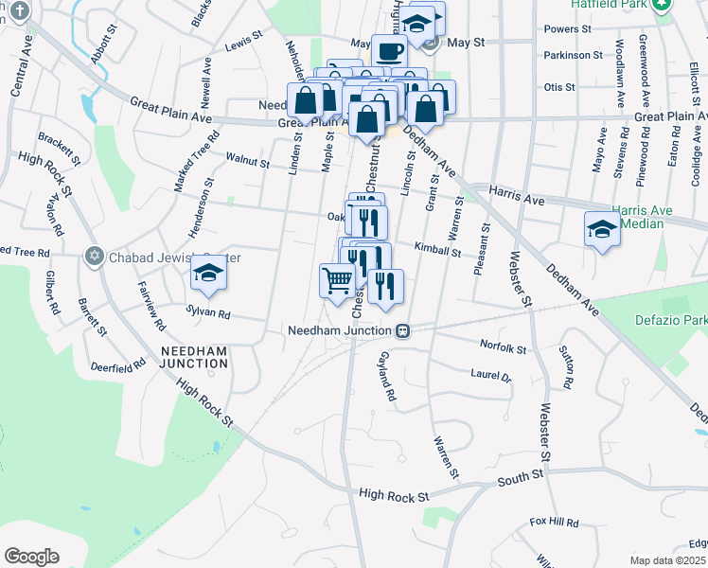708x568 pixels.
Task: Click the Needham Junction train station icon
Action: pyautogui.click(x=403, y=330)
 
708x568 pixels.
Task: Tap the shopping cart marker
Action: pyautogui.click(x=338, y=280)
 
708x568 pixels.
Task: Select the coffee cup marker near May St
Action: pyautogui.click(x=389, y=51)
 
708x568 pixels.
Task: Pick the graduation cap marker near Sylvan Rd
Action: pyautogui.click(x=209, y=275)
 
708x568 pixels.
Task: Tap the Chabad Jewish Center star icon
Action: pyautogui.click(x=94, y=257)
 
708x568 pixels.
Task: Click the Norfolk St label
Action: pyautogui.click(x=503, y=348)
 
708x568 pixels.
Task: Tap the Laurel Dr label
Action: pyautogui.click(x=490, y=375)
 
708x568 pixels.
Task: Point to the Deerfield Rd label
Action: pyautogui.click(x=116, y=364)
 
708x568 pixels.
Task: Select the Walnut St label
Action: pyautogui.click(x=247, y=162)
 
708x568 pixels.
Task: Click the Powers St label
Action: pyautogui.click(x=568, y=29)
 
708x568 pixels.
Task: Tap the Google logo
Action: pyautogui.click(x=31, y=557)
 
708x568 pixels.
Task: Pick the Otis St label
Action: pyautogui.click(x=560, y=87)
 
